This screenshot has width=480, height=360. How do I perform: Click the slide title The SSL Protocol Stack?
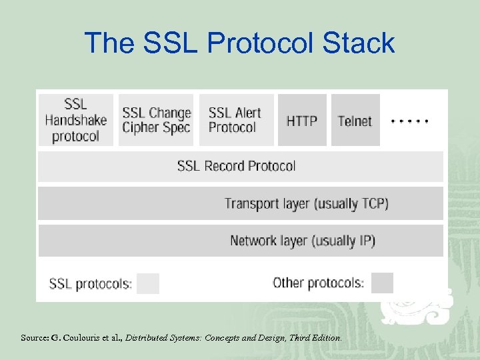pos(239,43)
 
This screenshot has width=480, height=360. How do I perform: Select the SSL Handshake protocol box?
pos(75,120)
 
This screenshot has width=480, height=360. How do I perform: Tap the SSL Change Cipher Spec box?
pos(157,120)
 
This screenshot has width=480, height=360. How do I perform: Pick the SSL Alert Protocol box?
pos(236,120)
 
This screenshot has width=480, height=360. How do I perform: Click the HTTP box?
pos(302,121)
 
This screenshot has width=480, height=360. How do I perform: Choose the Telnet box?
pos(355,121)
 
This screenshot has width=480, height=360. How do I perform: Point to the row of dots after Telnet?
pos(409,121)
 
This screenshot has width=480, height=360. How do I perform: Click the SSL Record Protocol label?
pos(236,166)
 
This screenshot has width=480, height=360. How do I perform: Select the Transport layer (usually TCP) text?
pos(306,203)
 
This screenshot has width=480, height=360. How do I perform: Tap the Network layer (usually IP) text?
pos(303,241)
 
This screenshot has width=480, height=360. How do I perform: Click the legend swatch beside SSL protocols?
pos(148,283)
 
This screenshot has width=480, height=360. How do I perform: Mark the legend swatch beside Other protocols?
pos(382,283)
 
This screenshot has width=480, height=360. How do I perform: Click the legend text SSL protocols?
pos(91,284)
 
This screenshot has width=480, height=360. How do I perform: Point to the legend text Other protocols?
pos(318,283)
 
